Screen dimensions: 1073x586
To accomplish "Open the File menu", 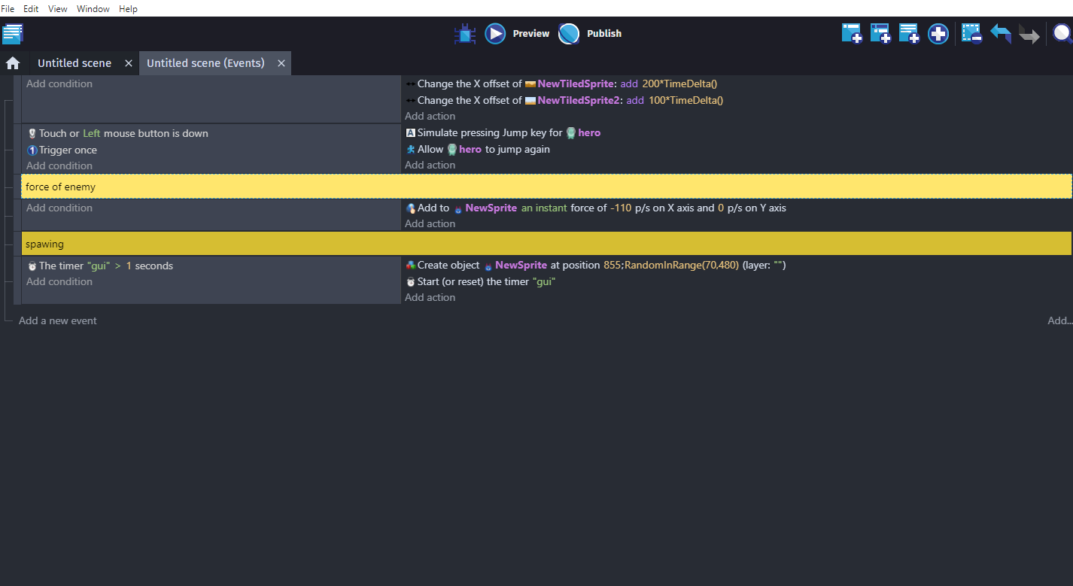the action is (8, 8).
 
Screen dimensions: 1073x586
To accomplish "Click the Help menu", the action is (128, 8).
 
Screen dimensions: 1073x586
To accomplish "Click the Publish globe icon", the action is (569, 34).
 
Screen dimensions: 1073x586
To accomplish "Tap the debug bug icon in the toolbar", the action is (465, 34).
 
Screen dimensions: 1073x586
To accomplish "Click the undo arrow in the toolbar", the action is (1001, 34).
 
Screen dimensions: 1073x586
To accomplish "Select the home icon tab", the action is (13, 62).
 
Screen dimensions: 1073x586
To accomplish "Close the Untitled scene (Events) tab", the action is (281, 63).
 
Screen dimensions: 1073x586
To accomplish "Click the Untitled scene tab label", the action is (74, 62).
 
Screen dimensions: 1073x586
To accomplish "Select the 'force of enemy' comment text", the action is (60, 187).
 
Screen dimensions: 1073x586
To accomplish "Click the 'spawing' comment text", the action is (44, 244).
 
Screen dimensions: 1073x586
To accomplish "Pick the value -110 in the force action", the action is (621, 208).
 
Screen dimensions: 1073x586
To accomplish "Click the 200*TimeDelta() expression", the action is (679, 83).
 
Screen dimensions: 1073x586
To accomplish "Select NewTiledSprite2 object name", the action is (579, 100).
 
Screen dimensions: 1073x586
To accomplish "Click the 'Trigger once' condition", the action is (68, 150).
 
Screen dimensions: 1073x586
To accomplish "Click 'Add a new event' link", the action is (57, 320).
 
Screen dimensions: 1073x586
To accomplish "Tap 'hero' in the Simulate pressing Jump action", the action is (589, 132).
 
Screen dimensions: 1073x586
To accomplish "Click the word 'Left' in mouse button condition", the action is (92, 133).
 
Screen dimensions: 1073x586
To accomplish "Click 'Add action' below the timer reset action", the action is (430, 297).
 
